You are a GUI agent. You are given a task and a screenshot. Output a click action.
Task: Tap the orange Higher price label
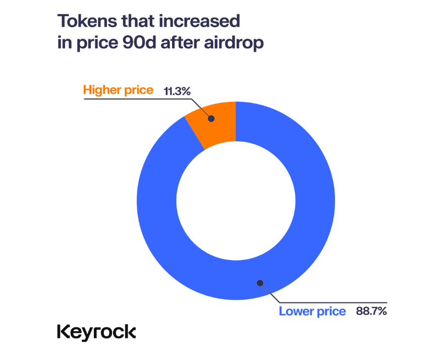point(118,90)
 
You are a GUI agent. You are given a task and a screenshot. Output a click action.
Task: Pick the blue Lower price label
point(312,311)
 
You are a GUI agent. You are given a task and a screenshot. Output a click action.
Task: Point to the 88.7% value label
point(371,311)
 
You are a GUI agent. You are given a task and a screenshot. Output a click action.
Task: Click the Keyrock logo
point(96,332)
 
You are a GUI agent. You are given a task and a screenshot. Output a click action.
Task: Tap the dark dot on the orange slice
point(211,119)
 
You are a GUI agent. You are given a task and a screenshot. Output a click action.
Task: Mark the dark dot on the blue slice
point(260,282)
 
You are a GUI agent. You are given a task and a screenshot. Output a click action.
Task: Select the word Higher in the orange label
point(101,90)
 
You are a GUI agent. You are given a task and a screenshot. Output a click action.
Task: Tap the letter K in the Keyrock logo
point(63,332)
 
